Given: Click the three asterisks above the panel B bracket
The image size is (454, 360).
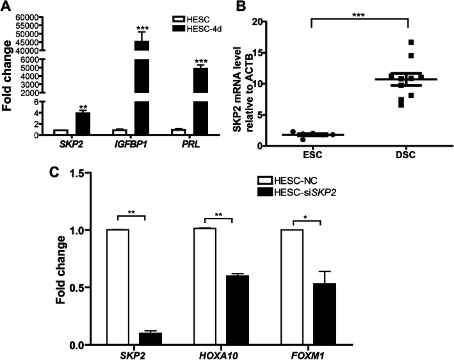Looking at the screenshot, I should tap(359, 13).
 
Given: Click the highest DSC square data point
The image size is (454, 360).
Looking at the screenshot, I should tap(412, 42).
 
